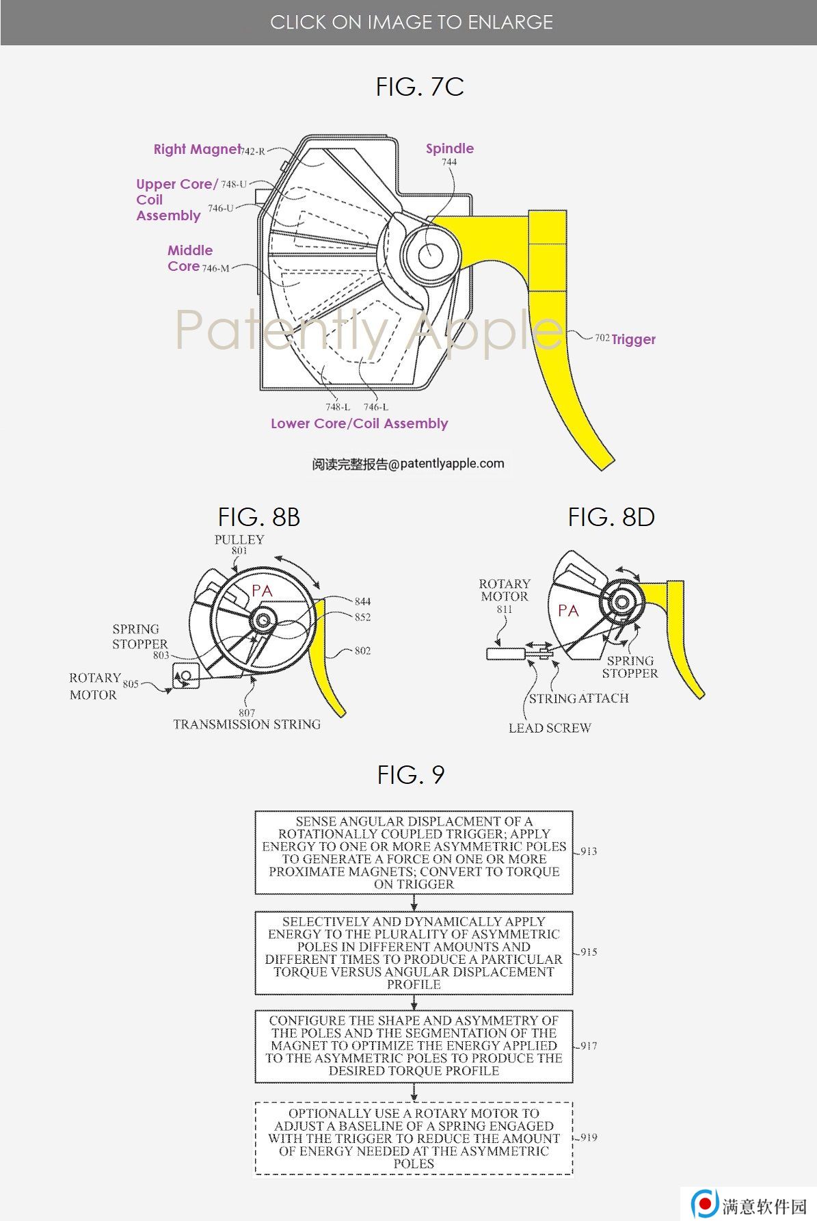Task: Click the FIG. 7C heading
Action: pyautogui.click(x=420, y=87)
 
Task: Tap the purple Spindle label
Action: pyautogui.click(x=449, y=148)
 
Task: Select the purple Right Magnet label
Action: pyautogui.click(x=197, y=149)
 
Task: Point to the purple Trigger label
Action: pyautogui.click(x=633, y=339)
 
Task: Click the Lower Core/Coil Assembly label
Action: pyautogui.click(x=359, y=423)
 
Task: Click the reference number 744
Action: pyautogui.click(x=448, y=162)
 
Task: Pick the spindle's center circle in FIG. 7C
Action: pyautogui.click(x=430, y=256)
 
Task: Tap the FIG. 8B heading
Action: pyautogui.click(x=258, y=517)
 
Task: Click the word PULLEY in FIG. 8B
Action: pyautogui.click(x=239, y=539)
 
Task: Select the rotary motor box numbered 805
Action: pyautogui.click(x=186, y=675)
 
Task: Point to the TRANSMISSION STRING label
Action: pyautogui.click(x=247, y=724)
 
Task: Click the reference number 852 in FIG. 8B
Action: pyautogui.click(x=362, y=617)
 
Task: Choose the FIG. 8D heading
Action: pyautogui.click(x=611, y=517)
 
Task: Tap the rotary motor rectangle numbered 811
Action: pyautogui.click(x=505, y=653)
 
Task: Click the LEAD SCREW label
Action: pyautogui.click(x=550, y=728)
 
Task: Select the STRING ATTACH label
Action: pyautogui.click(x=578, y=698)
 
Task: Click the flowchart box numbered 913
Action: pyautogui.click(x=414, y=852)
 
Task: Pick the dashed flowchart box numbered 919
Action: pyautogui.click(x=414, y=1138)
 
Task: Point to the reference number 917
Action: pyautogui.click(x=589, y=1046)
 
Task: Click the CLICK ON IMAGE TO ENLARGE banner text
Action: pyautogui.click(x=412, y=23)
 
